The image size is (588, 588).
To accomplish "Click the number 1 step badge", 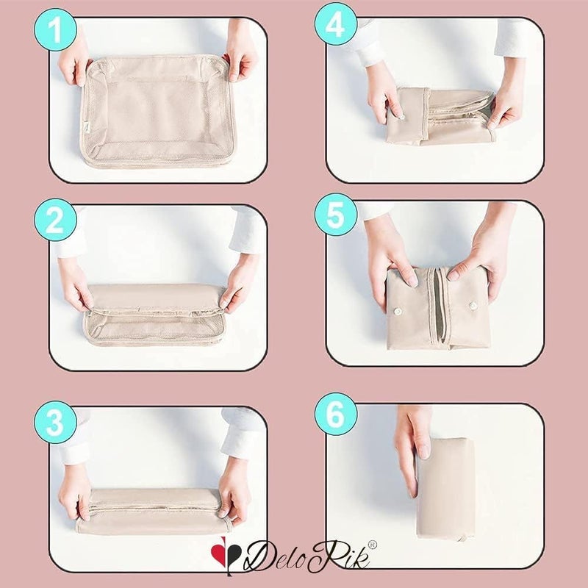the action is (x=56, y=29).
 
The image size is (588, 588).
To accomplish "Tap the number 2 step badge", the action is (x=56, y=219).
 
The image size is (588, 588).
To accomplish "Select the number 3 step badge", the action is (x=56, y=422).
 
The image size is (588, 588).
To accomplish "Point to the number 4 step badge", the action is (x=336, y=24).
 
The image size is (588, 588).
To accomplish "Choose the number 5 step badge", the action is (x=336, y=214).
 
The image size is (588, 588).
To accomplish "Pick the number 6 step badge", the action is (x=336, y=414).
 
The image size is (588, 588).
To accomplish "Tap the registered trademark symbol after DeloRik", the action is (x=373, y=545).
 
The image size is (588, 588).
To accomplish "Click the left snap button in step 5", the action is (x=397, y=311).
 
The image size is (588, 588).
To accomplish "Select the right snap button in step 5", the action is (x=473, y=306).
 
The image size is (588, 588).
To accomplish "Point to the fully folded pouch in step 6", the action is (x=445, y=489).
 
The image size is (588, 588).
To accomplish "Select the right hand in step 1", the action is (x=241, y=57).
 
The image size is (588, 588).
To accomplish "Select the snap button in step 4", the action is (x=401, y=117).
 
